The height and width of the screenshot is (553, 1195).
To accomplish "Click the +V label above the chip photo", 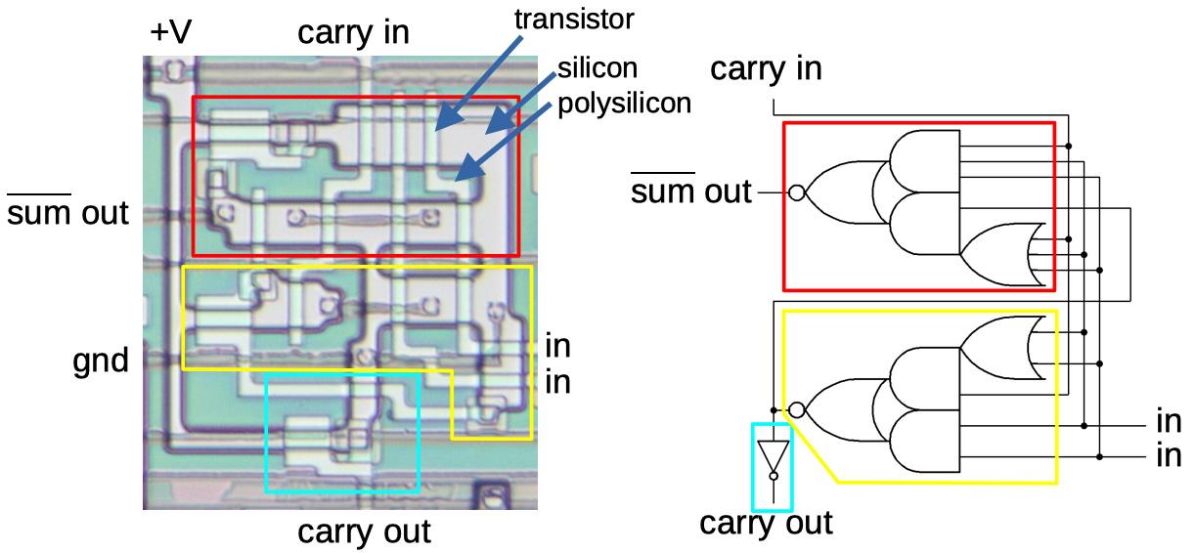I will click(171, 32).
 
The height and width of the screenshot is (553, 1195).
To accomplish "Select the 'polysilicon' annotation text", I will click(624, 104).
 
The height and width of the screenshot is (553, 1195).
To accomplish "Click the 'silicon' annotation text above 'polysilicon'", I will click(597, 68).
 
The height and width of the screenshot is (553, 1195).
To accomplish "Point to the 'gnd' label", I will click(102, 362).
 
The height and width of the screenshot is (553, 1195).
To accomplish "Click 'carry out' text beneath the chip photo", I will click(364, 532).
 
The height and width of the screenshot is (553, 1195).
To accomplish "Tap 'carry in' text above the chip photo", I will click(353, 33).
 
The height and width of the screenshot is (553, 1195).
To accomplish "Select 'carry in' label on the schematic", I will click(766, 68).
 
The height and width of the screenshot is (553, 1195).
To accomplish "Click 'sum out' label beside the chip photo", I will click(68, 212).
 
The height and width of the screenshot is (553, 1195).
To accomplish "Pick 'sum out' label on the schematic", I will click(691, 191).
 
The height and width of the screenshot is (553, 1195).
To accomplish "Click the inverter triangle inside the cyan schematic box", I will click(773, 456).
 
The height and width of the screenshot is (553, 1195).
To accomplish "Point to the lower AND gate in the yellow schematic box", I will click(924, 441).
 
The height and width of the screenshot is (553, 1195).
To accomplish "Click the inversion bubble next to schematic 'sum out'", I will click(796, 193).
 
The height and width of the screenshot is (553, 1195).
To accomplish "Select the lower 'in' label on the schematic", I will click(1169, 455).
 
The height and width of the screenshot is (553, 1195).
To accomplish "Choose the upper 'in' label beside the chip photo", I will click(557, 347).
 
